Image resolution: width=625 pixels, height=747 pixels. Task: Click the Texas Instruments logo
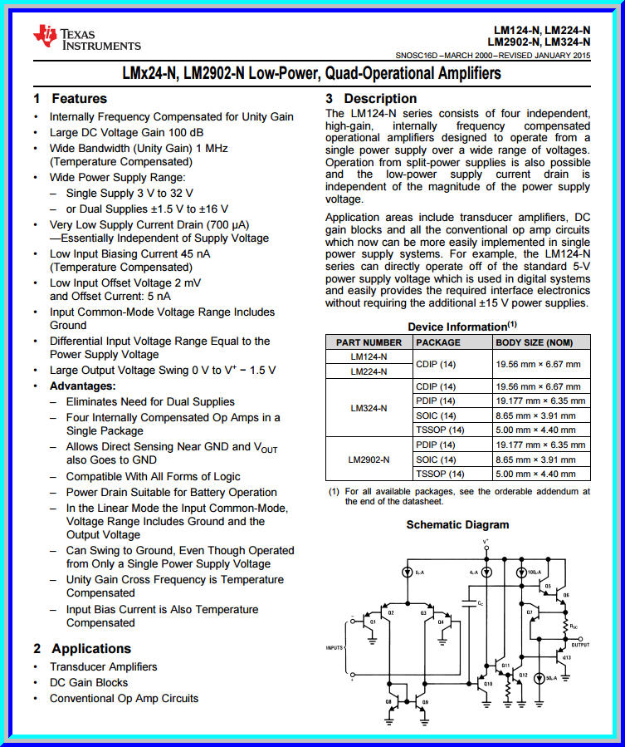86,37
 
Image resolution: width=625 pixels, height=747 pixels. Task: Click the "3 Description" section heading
371,98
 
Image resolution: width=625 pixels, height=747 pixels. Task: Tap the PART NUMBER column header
369,342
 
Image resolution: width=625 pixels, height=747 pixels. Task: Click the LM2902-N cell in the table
369,459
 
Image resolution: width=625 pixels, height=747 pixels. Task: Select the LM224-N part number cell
369,371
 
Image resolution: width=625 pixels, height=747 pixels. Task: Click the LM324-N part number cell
369,408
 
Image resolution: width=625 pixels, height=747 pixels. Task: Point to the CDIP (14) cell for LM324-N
437,386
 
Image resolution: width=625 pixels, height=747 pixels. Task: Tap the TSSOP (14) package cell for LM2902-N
440,474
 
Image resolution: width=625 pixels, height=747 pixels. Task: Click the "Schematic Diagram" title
457,525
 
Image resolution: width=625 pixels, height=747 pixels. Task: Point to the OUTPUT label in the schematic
581,644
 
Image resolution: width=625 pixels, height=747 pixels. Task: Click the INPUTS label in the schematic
334,647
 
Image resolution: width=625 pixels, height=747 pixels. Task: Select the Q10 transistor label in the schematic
488,684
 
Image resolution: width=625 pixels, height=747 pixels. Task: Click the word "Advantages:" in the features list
83,386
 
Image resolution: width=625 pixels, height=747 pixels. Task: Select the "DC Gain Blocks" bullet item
89,682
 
